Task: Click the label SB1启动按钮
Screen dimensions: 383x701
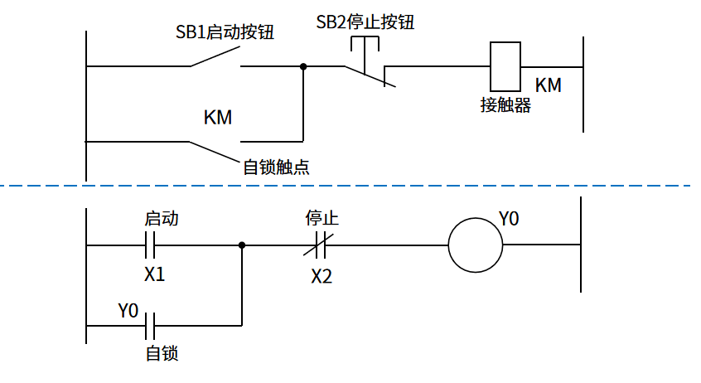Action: [224, 33]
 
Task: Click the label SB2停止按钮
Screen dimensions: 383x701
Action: [365, 22]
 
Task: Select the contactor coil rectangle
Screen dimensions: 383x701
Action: [505, 65]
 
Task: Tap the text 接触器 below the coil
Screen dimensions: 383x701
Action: [505, 105]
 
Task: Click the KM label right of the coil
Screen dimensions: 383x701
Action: [548, 85]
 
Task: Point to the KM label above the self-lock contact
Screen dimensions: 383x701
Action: [218, 118]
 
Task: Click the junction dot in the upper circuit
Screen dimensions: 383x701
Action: [303, 65]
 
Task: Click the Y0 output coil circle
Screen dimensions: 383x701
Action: [476, 245]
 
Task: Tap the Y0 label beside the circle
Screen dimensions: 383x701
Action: [509, 219]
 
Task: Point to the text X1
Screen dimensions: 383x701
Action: [154, 274]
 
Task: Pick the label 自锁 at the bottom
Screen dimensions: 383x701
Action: [162, 354]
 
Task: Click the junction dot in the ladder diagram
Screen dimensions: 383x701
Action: [242, 245]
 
